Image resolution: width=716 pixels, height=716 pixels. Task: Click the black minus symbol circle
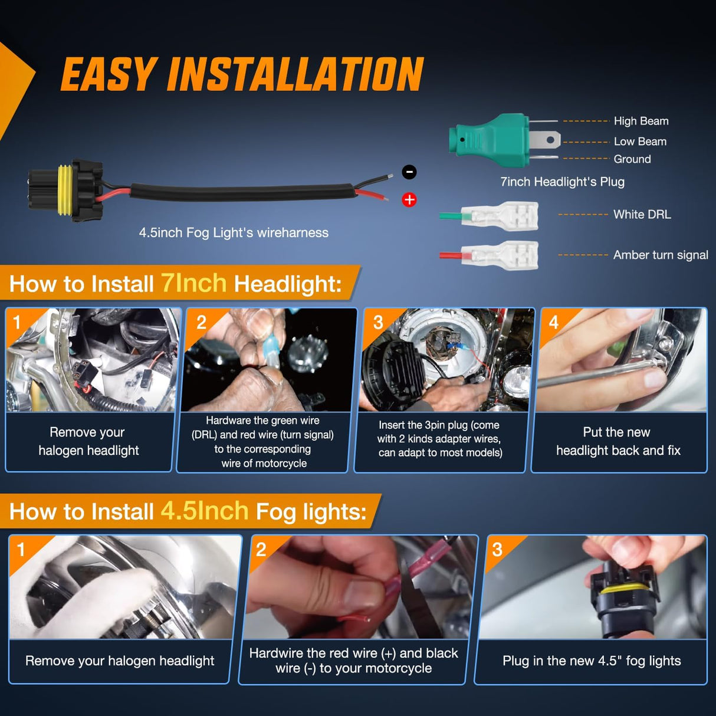(x=409, y=172)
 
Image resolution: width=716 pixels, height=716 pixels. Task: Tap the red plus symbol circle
(x=409, y=200)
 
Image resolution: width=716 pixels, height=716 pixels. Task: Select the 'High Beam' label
(x=641, y=121)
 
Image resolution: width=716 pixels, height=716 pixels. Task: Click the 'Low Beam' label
(x=640, y=142)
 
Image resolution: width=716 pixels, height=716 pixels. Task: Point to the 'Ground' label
(x=632, y=159)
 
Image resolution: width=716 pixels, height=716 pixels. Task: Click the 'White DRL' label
(x=642, y=215)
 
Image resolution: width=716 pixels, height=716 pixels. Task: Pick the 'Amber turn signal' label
(x=661, y=255)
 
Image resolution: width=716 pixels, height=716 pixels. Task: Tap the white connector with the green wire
(x=499, y=216)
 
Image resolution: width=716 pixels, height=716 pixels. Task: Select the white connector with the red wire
(x=499, y=255)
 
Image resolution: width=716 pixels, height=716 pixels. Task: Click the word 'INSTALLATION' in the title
(x=295, y=74)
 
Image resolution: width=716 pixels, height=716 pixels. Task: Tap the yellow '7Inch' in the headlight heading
(x=193, y=283)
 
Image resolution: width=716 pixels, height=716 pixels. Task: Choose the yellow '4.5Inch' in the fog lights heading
(x=204, y=511)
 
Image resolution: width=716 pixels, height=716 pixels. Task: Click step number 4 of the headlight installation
(x=553, y=322)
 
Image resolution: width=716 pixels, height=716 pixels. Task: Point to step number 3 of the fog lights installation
(x=497, y=550)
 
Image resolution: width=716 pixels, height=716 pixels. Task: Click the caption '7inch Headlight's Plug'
(x=562, y=182)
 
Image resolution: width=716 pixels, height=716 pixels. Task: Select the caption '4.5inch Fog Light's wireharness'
(x=234, y=232)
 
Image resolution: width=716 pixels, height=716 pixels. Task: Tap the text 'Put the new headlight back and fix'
(x=618, y=441)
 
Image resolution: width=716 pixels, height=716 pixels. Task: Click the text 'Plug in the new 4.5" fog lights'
(x=592, y=661)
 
